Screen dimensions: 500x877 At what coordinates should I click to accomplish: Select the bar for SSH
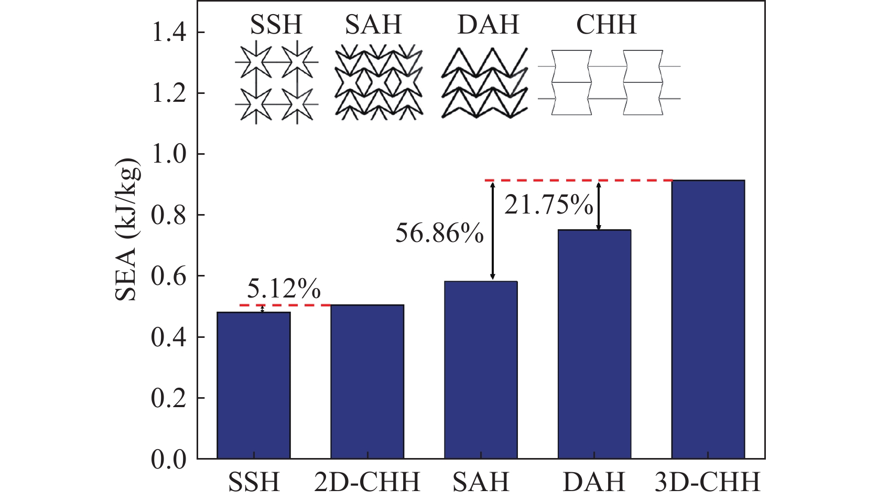[x=254, y=385]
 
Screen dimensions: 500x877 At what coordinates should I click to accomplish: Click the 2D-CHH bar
[x=367, y=381]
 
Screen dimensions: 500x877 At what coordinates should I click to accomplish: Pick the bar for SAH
[x=481, y=370]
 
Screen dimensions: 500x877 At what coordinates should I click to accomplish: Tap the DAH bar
[x=594, y=344]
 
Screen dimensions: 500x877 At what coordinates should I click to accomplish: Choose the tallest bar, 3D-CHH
[x=708, y=320]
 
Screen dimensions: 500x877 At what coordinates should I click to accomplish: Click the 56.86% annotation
[x=439, y=233]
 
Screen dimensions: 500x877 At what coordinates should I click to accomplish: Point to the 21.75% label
[x=549, y=205]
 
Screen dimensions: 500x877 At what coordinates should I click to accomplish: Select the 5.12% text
[x=284, y=289]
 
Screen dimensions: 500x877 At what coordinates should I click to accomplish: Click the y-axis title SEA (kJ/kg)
[x=127, y=229]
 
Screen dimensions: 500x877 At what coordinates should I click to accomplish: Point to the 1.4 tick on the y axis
[x=169, y=33]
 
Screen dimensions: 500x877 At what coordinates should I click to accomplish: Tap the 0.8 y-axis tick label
[x=169, y=215]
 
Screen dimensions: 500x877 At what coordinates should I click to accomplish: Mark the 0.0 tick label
[x=169, y=460]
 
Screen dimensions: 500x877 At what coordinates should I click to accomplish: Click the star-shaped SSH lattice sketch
[x=276, y=84]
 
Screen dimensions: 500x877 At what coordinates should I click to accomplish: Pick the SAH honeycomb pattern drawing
[x=378, y=84]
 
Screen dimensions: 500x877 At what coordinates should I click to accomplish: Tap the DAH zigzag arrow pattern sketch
[x=484, y=83]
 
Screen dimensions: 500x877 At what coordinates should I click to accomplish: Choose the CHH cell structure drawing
[x=608, y=82]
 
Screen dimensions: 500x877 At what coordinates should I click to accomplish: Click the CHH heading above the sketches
[x=607, y=25]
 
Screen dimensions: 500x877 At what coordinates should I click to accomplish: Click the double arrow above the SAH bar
[x=492, y=231]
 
